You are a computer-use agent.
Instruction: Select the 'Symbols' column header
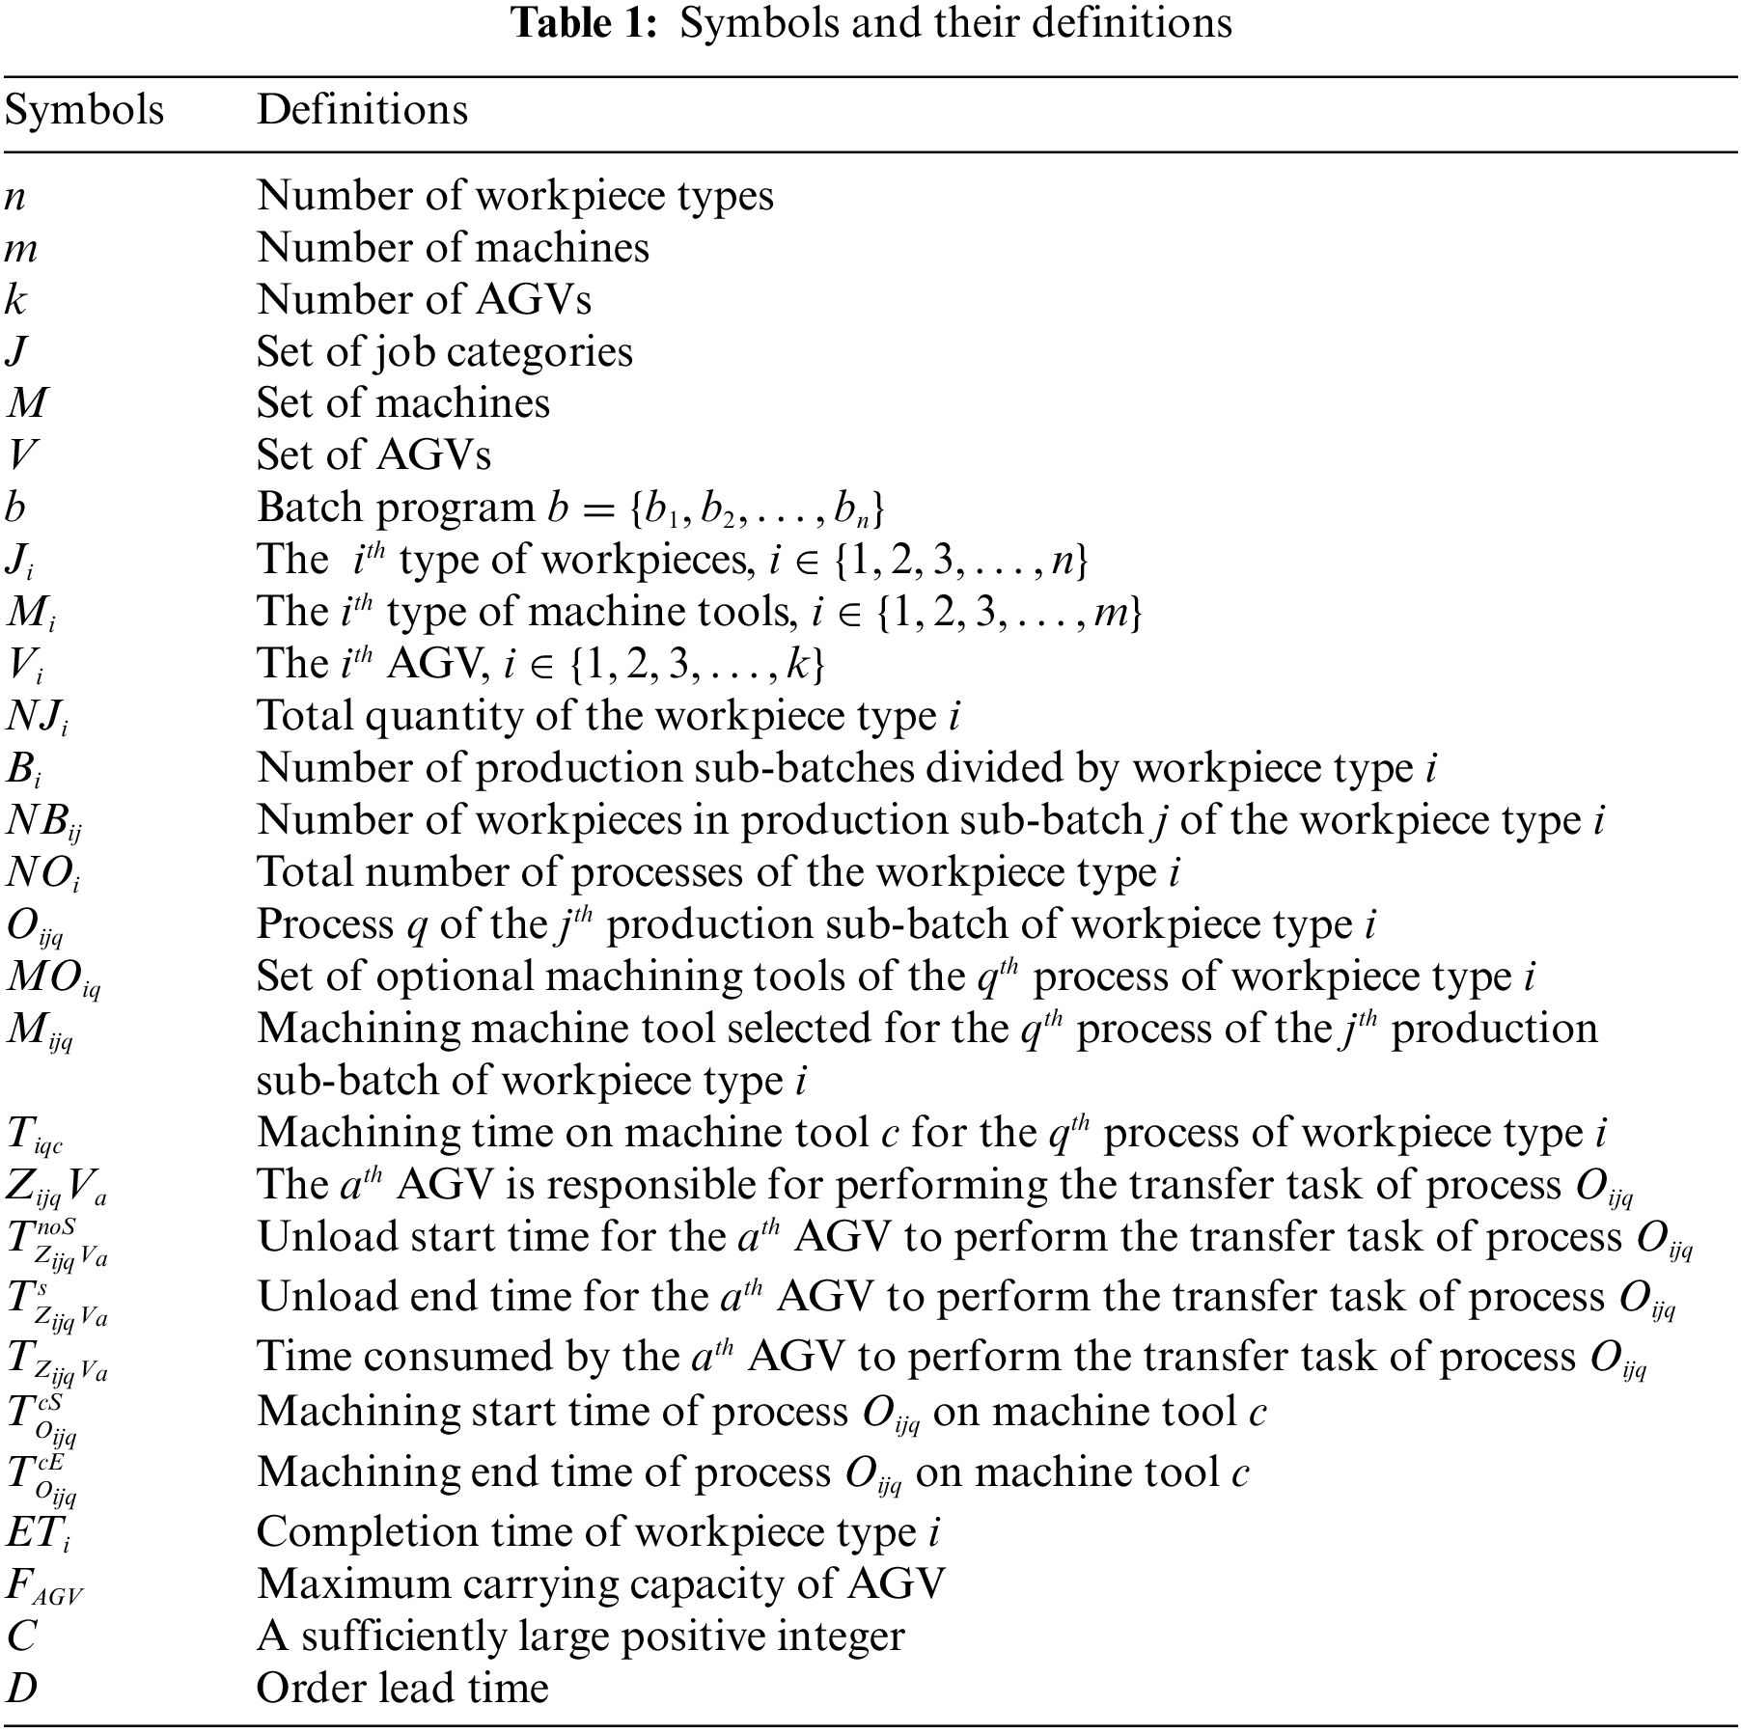click(x=84, y=111)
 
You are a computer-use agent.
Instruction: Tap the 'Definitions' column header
click(x=362, y=111)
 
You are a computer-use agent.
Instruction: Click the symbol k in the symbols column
click(x=15, y=300)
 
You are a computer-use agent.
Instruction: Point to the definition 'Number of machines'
click(x=453, y=248)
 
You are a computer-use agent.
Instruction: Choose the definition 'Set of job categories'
click(x=444, y=351)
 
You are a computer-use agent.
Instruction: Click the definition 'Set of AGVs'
click(x=373, y=455)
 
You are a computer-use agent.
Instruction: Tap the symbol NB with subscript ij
click(x=44, y=821)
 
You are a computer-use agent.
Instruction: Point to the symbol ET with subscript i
click(x=37, y=1532)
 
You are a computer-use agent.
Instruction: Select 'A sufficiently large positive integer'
click(x=580, y=1637)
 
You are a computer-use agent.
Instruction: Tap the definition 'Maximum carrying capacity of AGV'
click(x=600, y=1584)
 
